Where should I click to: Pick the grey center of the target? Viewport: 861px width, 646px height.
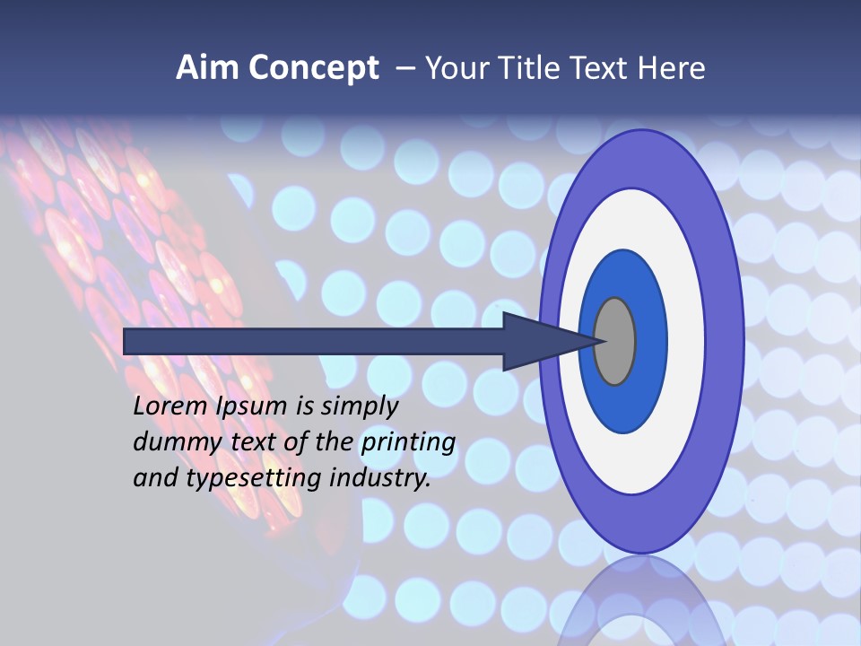coord(614,341)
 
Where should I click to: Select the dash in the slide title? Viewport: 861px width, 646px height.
coord(405,68)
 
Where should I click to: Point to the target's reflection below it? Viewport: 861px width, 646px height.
coord(641,601)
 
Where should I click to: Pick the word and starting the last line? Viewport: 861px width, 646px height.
coord(155,478)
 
